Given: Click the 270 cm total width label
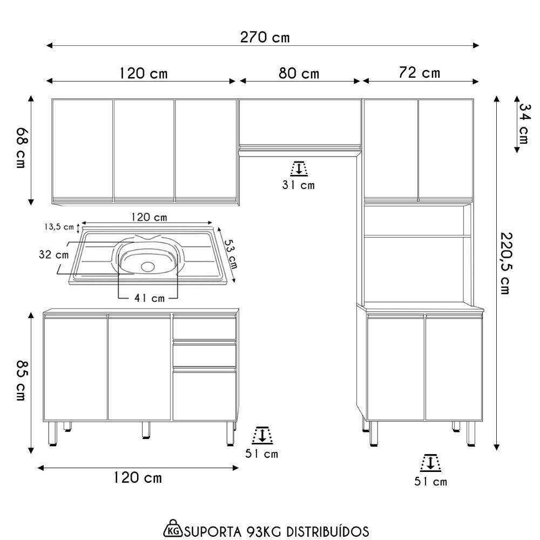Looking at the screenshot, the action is tap(265, 37).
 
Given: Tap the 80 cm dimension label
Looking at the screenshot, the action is tap(299, 73).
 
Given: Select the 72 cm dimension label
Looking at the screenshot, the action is tap(419, 73).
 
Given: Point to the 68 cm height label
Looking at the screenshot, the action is tap(21, 148).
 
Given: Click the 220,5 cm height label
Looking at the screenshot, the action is tap(505, 264).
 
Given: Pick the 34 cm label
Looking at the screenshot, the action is tap(524, 124).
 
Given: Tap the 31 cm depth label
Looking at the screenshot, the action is tap(298, 185).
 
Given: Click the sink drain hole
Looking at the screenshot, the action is tap(148, 266).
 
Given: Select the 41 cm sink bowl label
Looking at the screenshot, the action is tap(150, 298).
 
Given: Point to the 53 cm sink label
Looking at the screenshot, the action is tap(231, 254).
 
